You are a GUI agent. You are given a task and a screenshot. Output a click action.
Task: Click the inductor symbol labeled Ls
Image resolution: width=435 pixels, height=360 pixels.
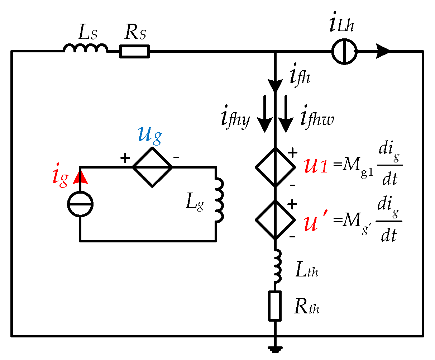tap(86, 48)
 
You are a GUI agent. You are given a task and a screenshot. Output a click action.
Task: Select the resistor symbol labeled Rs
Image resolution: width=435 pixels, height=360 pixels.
tap(134, 51)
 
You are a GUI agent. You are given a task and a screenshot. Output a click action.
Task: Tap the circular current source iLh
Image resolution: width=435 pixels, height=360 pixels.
tap(344, 51)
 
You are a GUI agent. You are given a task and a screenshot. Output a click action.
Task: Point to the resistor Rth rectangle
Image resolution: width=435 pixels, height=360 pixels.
tap(275, 306)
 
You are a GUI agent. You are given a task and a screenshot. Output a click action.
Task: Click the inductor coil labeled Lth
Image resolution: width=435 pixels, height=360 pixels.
tap(277, 266)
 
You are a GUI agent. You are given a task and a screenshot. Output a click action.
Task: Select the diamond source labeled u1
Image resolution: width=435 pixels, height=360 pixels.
tap(275, 167)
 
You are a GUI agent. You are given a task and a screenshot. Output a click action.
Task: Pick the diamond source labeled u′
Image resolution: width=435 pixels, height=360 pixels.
tap(275, 219)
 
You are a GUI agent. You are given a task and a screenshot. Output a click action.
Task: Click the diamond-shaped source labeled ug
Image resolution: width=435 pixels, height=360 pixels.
tap(152, 167)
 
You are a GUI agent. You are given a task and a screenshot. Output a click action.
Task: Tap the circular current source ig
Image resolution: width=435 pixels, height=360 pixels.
tap(80, 205)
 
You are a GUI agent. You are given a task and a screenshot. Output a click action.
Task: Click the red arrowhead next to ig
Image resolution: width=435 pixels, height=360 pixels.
tap(80, 177)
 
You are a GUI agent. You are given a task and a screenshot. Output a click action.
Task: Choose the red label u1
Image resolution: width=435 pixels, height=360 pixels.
tap(315, 167)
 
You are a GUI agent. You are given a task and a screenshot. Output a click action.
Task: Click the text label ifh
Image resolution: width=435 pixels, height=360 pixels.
tap(300, 76)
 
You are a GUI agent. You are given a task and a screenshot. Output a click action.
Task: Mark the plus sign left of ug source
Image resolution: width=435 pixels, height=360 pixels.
tap(125, 158)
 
